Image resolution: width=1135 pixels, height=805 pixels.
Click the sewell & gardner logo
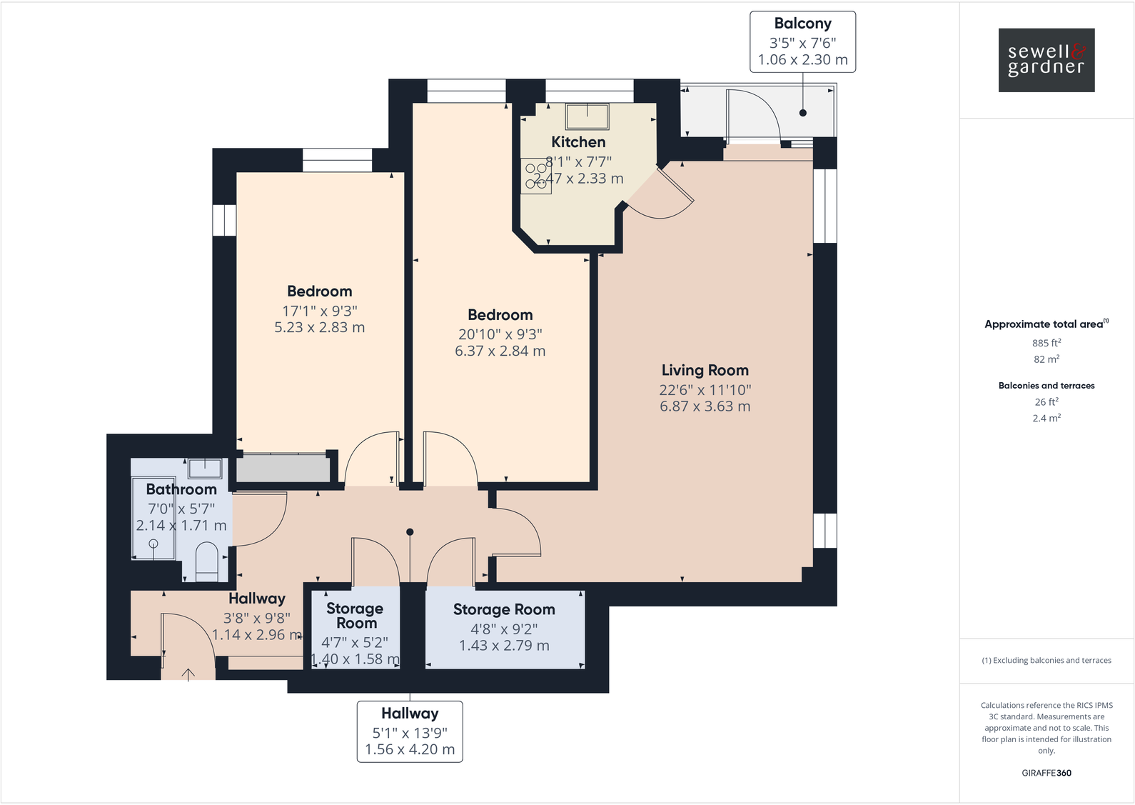[x=1046, y=60]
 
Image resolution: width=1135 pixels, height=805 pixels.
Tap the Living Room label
[x=705, y=370]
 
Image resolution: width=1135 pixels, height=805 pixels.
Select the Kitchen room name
[x=578, y=142]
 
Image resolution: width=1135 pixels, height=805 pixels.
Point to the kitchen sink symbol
[x=587, y=116]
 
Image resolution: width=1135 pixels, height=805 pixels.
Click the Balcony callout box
[x=802, y=41]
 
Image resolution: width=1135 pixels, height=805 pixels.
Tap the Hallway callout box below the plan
[x=410, y=731]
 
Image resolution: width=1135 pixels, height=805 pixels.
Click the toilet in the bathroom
[x=206, y=561]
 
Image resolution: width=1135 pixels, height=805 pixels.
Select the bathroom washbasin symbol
[x=205, y=468]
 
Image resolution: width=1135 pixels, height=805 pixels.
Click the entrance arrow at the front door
[x=188, y=674]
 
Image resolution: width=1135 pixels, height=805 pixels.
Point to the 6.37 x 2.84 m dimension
[x=500, y=351]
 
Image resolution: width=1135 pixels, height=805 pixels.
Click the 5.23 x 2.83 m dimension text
[x=319, y=328]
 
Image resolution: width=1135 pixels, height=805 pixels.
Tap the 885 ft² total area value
[x=1046, y=343]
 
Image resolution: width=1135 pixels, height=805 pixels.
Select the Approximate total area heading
[x=1046, y=324]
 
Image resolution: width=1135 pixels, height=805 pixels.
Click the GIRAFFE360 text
[x=1046, y=773]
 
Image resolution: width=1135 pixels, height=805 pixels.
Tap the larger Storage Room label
[x=504, y=609]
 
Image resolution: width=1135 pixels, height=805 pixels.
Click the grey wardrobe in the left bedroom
[x=283, y=469]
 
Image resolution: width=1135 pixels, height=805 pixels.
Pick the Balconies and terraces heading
[x=1046, y=386]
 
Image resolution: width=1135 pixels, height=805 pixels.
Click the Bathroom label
[x=181, y=489]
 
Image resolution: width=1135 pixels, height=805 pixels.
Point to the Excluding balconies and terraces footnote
[x=1046, y=661]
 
